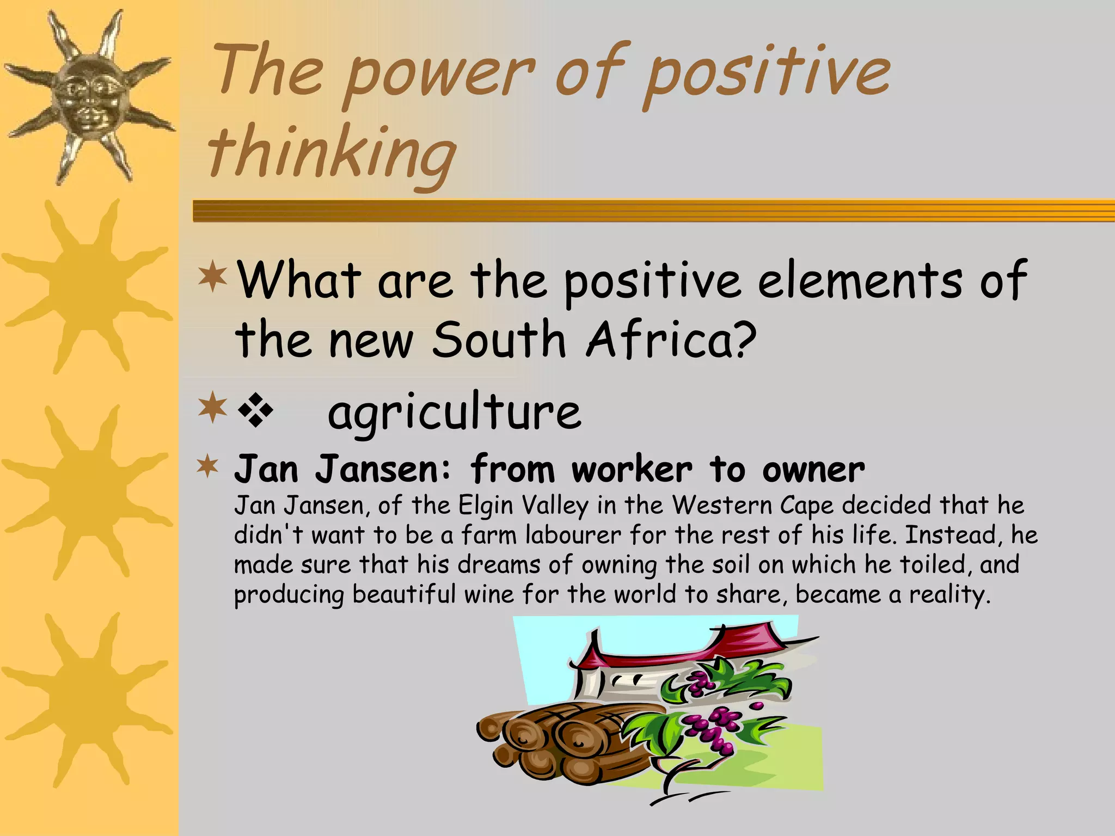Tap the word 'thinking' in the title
click(x=332, y=152)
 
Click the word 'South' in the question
click(x=499, y=340)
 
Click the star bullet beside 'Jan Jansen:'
click(x=207, y=467)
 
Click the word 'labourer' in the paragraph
click(x=572, y=536)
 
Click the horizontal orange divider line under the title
click(x=653, y=211)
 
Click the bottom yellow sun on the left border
click(x=87, y=699)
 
